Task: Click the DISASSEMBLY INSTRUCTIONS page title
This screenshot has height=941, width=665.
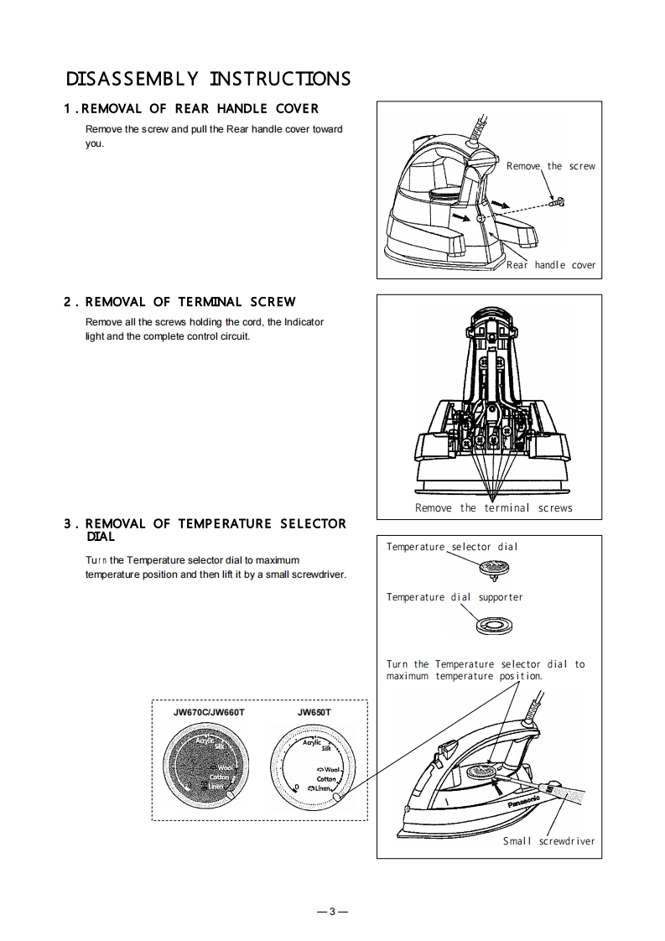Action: pos(208,79)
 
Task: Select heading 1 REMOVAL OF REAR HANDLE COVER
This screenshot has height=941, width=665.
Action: pos(191,109)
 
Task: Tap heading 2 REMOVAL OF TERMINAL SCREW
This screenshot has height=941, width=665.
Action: pos(179,302)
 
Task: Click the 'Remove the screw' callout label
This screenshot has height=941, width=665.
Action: pos(550,166)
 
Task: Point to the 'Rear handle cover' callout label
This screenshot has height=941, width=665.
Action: pos(550,265)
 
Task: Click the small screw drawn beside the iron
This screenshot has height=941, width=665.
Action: pos(557,201)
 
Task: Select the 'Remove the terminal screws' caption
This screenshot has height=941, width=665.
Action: pos(493,508)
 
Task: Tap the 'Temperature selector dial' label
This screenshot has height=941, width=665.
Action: pos(452,547)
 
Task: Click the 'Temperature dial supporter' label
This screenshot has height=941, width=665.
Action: pos(454,597)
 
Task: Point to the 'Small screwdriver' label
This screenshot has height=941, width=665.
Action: pos(548,841)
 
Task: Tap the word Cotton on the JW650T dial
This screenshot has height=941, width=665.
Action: pos(326,779)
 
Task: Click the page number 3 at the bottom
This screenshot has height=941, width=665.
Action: pos(332,912)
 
